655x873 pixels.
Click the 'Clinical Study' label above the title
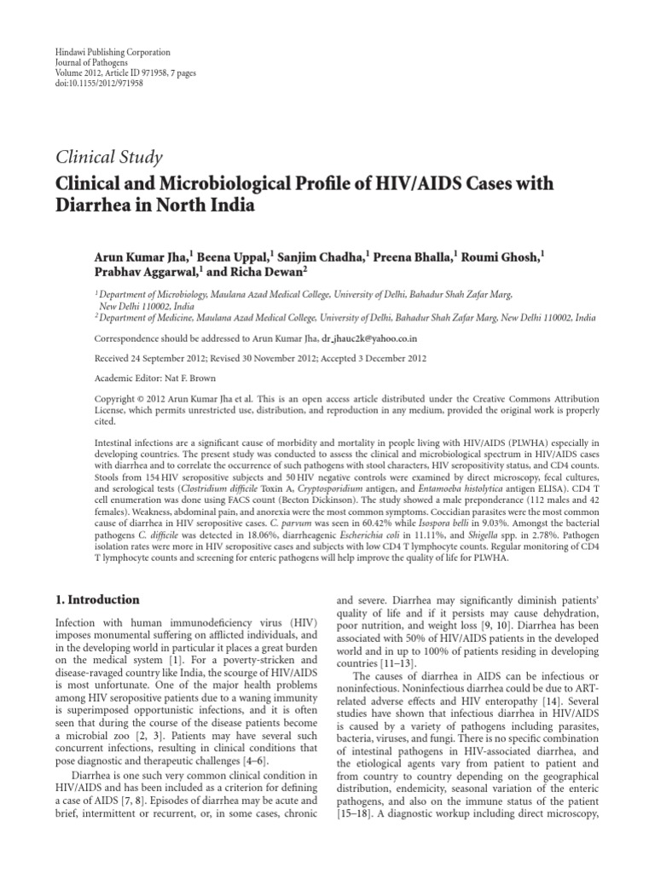click(108, 156)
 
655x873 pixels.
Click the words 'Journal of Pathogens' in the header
click(83, 63)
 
